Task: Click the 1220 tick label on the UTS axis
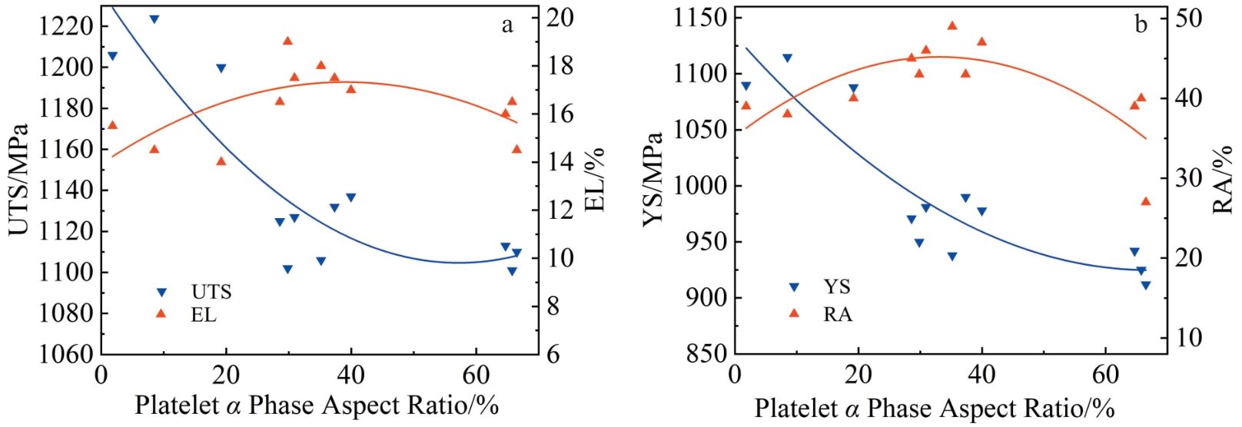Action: click(x=66, y=26)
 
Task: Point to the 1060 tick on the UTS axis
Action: click(x=66, y=354)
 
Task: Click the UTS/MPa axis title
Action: click(x=18, y=178)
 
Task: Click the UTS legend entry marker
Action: click(x=161, y=292)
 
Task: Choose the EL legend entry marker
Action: click(x=161, y=313)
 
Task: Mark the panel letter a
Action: click(x=507, y=25)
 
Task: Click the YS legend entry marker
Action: click(x=794, y=287)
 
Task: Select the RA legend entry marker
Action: click(x=794, y=313)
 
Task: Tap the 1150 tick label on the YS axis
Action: click(x=700, y=17)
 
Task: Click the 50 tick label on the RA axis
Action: click(x=1189, y=17)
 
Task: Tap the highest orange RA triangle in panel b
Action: click(x=952, y=25)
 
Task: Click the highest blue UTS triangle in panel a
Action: click(x=154, y=19)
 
